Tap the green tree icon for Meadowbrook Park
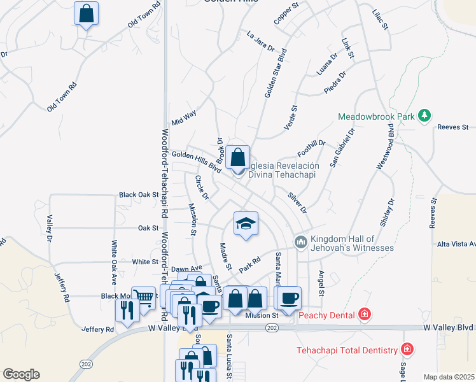(424, 116)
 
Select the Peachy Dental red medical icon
(364, 315)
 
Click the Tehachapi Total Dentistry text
(347, 350)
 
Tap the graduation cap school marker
(246, 223)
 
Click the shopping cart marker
(146, 296)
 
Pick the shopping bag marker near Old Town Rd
(87, 13)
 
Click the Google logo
(20, 374)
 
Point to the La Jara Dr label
(260, 41)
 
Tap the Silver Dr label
(297, 202)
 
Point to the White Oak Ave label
(114, 261)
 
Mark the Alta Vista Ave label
(456, 244)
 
